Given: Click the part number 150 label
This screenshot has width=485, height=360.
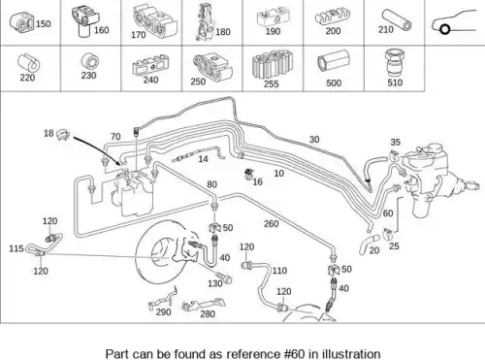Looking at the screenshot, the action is pos(44,24).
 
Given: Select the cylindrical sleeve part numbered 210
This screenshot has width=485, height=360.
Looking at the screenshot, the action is pos(397,19).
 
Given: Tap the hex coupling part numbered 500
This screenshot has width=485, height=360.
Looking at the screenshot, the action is pos(334,62).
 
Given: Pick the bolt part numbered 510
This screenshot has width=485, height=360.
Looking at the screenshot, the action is pos(394,63).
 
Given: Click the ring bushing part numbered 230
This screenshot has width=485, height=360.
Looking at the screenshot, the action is pos(90,62).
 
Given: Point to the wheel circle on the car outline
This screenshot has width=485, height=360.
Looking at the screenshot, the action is pos(445,30).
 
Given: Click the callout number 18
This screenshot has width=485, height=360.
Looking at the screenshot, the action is pos(48,133).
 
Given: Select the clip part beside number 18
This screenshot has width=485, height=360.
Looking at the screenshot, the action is pos(63,135).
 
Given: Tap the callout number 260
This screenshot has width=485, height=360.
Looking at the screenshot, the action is pos(271,223).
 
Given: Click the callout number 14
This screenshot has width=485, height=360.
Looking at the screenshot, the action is pos(203,159).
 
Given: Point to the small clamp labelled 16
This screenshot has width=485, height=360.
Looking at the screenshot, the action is pos(248,175).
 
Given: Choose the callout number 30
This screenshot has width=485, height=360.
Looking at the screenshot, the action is pos(314,140).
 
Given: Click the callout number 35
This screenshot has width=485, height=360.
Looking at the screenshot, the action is pos(395,142).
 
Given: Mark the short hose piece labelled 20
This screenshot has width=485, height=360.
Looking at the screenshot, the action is pos(368,245).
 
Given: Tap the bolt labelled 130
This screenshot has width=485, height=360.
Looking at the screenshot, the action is pos(223,278).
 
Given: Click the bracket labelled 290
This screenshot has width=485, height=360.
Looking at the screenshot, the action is pos(162,299).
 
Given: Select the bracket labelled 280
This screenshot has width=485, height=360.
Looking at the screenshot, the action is pos(203,305).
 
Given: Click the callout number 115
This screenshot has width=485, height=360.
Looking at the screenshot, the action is pos(16,248).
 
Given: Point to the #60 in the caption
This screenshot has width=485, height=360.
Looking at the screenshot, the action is pos(294,353).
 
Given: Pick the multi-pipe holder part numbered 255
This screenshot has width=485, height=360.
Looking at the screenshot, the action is pos(273,63).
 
